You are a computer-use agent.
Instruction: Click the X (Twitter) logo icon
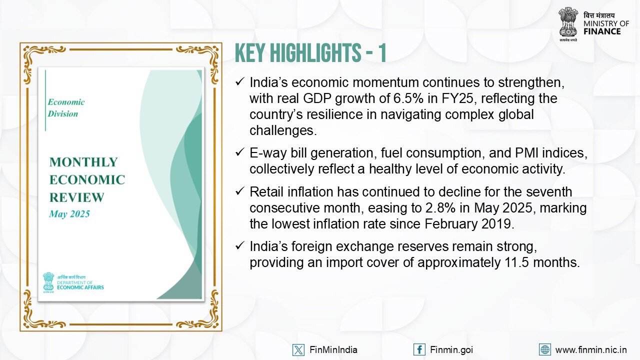(x=298, y=349)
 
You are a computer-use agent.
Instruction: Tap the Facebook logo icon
(x=419, y=349)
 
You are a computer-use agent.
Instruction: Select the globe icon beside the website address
(x=545, y=349)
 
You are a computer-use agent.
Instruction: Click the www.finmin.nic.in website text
(x=591, y=349)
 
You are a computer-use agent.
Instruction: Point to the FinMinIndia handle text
(x=333, y=349)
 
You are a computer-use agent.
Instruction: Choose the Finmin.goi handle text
(x=451, y=350)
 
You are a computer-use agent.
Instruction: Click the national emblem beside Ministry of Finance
(x=568, y=24)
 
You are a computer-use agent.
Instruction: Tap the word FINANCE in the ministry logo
(x=602, y=31)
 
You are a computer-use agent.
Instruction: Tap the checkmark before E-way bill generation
(x=240, y=152)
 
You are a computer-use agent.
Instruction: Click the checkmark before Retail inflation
(x=240, y=191)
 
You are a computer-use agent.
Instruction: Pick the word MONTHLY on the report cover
(x=83, y=162)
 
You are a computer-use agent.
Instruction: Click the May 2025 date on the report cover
(x=69, y=214)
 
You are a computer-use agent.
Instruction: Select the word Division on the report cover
(x=63, y=113)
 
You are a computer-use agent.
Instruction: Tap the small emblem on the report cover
(x=48, y=282)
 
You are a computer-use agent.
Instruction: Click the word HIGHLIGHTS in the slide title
(x=315, y=53)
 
